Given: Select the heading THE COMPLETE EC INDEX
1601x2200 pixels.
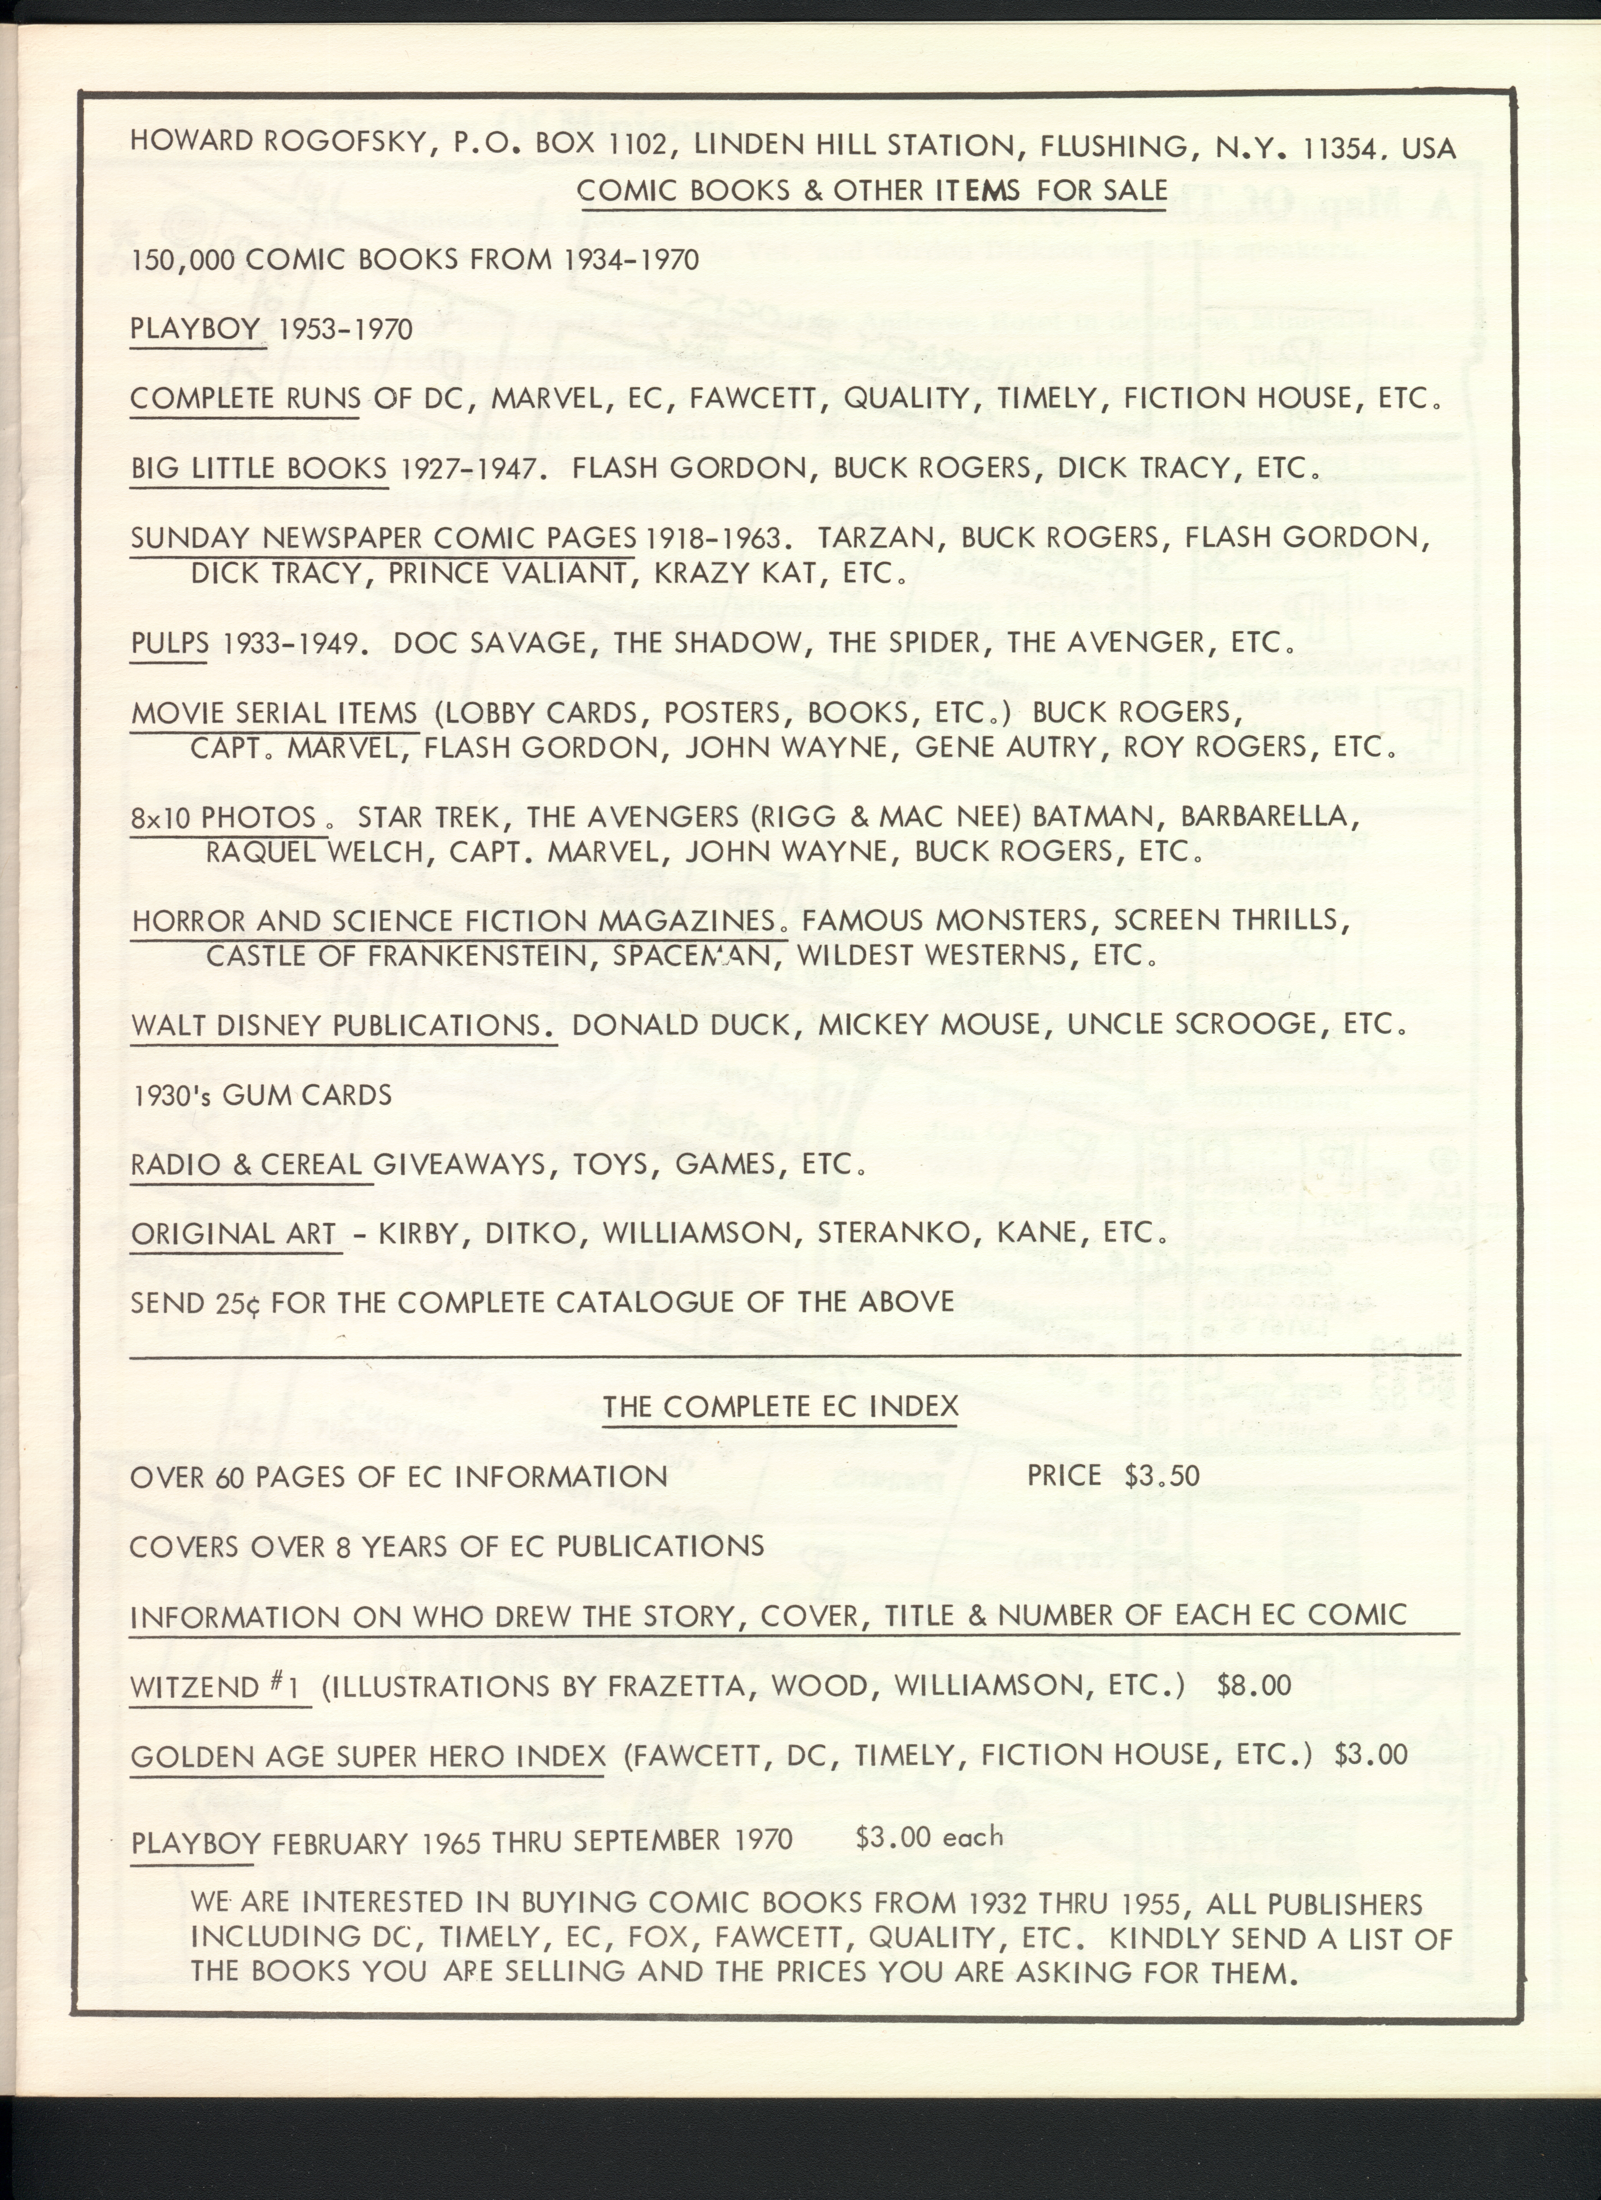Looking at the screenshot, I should (780, 1407).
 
